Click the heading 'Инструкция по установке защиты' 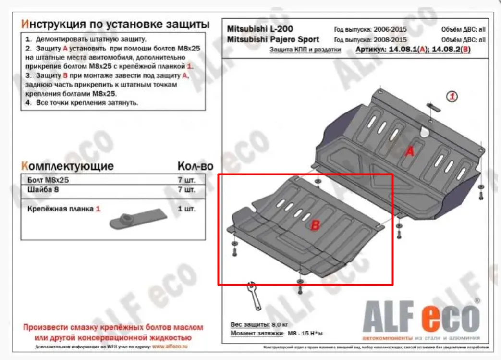tap(115, 24)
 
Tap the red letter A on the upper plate tap(409, 152)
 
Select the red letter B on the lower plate tap(316, 225)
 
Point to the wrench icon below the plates tap(253, 295)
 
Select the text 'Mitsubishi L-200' tap(259, 29)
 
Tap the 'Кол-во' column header tap(195, 166)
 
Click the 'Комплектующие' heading tap(68, 166)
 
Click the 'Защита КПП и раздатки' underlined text tap(305, 49)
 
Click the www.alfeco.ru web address tap(170, 346)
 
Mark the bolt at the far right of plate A tap(481, 194)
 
